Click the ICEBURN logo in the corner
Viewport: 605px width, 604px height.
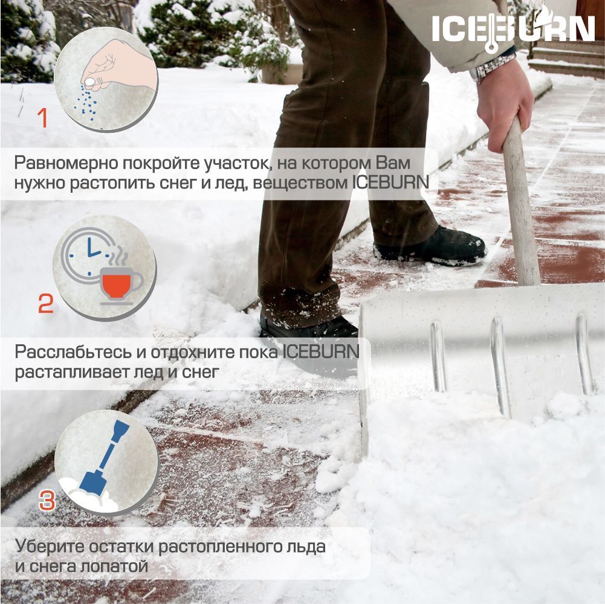coord(513,29)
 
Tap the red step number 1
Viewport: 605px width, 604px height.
coord(43,118)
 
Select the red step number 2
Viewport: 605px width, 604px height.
coord(46,304)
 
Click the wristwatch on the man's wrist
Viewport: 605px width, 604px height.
coord(492,68)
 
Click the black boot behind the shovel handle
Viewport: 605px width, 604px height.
coord(430,247)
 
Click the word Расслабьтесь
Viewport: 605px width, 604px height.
coord(75,353)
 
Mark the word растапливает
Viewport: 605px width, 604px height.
coord(72,373)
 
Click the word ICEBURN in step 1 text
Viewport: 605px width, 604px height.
coord(391,182)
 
